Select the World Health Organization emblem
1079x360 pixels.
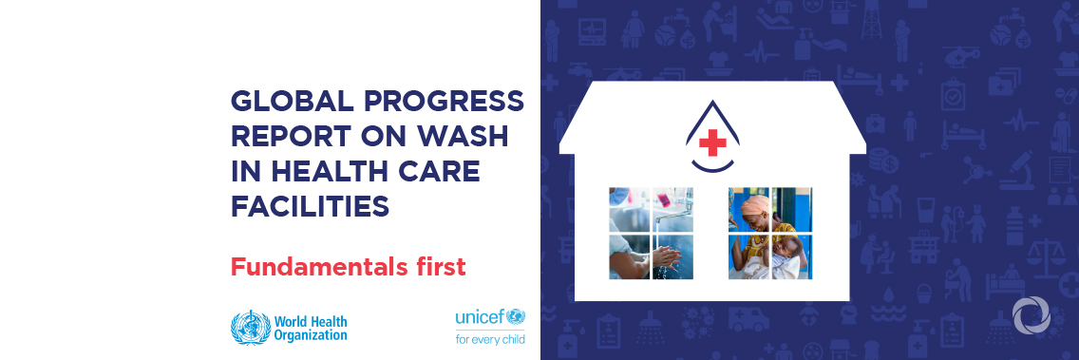pyautogui.click(x=250, y=328)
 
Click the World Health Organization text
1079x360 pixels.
pyautogui.click(x=310, y=328)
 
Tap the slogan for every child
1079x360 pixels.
pyautogui.click(x=490, y=338)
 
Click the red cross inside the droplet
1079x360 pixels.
pyautogui.click(x=711, y=144)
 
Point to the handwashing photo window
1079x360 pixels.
pyautogui.click(x=651, y=233)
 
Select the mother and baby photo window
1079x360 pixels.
pyautogui.click(x=770, y=233)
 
